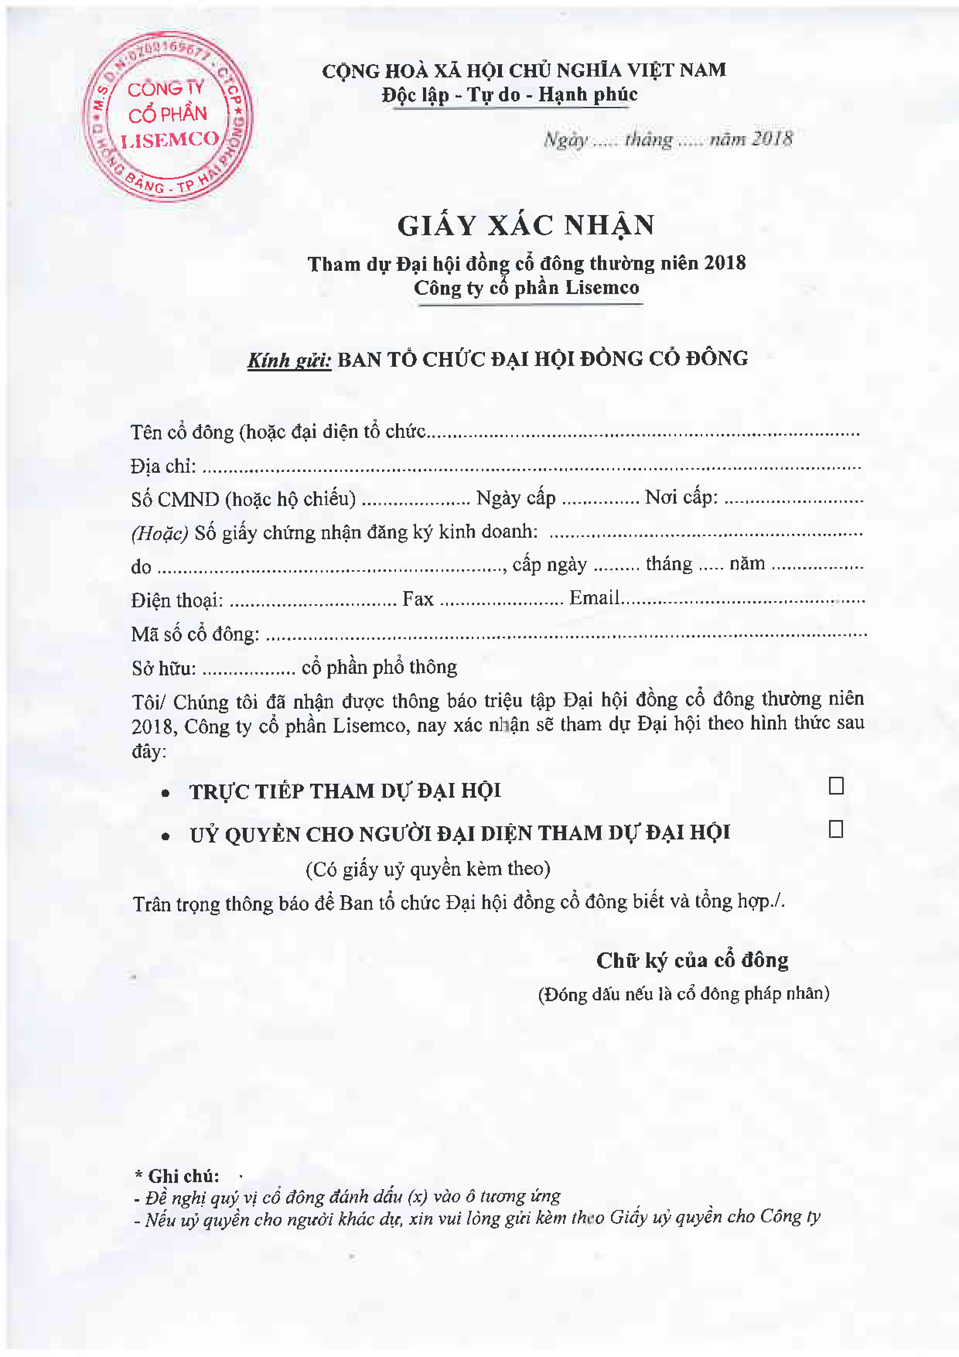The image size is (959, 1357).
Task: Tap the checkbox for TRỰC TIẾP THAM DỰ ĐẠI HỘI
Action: coord(836,786)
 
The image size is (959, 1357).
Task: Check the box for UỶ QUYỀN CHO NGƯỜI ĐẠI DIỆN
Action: coord(836,829)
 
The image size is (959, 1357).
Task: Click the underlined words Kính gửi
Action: coord(289,360)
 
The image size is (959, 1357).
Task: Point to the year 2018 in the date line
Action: coord(772,139)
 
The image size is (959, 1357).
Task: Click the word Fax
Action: coord(418,599)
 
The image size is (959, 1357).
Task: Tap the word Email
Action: coord(594,598)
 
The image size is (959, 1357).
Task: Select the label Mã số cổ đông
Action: coord(195,634)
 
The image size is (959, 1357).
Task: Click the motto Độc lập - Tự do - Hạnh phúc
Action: coord(509,94)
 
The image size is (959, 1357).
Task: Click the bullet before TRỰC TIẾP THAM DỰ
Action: coord(166,793)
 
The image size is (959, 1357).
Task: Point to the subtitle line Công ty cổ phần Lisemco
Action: coord(526,288)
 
